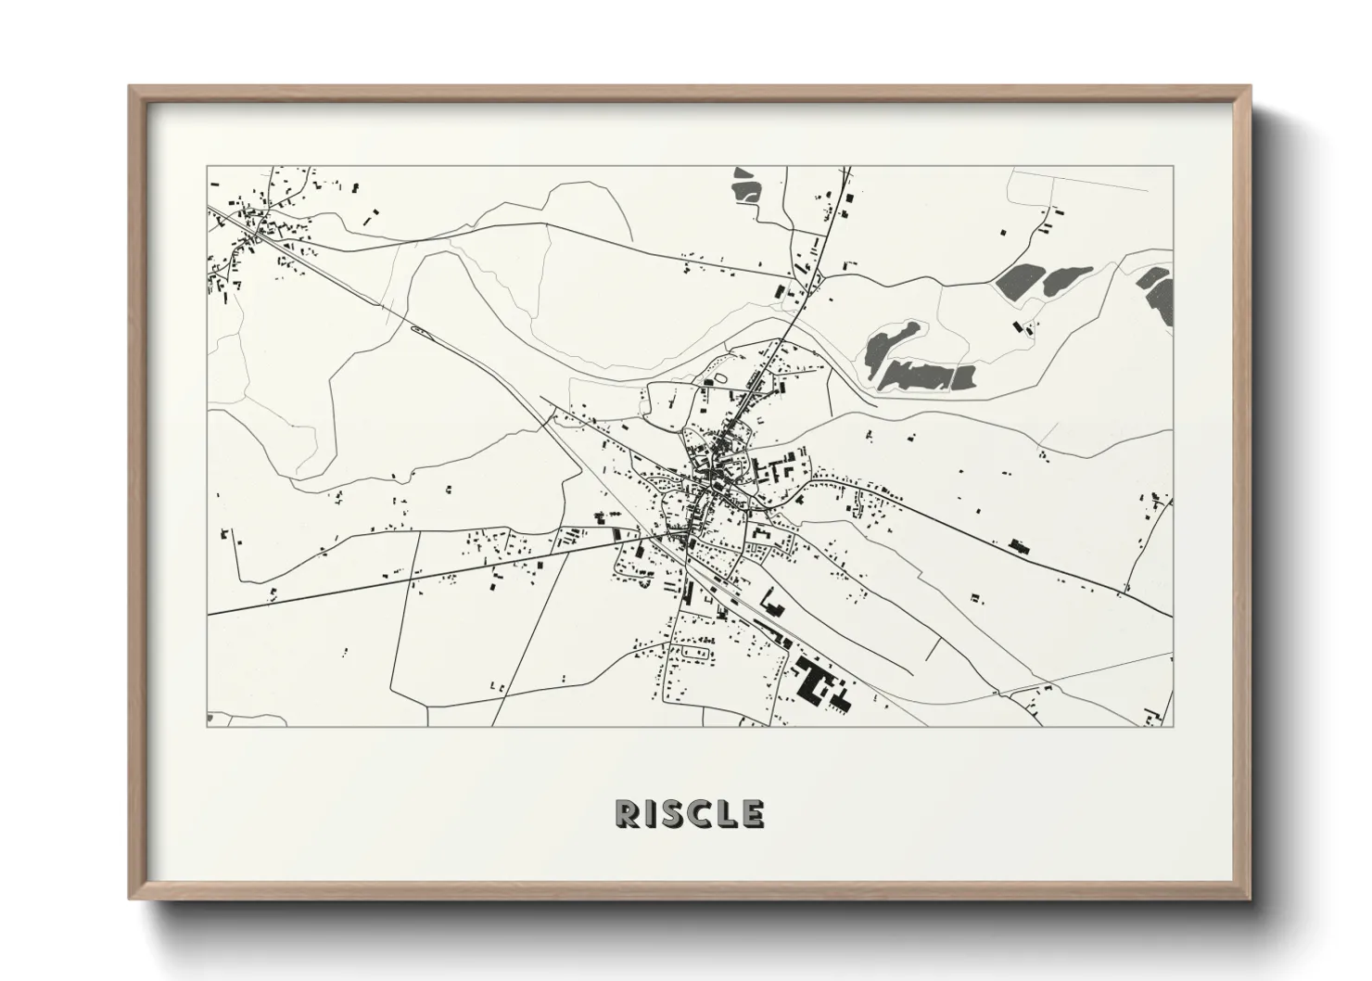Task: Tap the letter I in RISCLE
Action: coord(649,814)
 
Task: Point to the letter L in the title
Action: coord(730,814)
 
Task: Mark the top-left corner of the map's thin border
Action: coord(207,167)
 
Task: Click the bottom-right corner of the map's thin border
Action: coord(1173,727)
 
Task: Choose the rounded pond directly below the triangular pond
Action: coord(744,192)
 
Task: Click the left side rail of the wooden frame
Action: coord(137,491)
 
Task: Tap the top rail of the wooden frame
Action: coord(686,90)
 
